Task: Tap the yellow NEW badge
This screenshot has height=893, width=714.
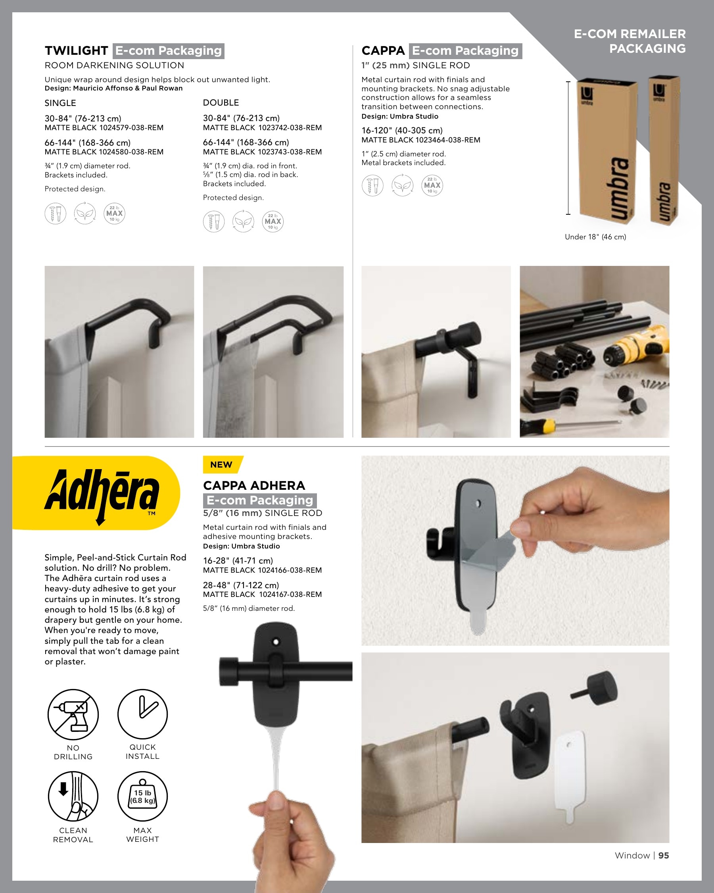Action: pyautogui.click(x=222, y=464)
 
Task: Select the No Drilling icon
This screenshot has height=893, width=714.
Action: pyautogui.click(x=73, y=714)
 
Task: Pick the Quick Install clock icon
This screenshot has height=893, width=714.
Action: pyautogui.click(x=142, y=714)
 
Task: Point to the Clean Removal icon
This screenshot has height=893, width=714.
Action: pyautogui.click(x=73, y=796)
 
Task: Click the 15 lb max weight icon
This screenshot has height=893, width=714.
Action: pyautogui.click(x=142, y=796)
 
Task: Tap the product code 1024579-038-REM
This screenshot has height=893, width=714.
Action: pyautogui.click(x=131, y=127)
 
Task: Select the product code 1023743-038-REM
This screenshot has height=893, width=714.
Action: pyautogui.click(x=290, y=152)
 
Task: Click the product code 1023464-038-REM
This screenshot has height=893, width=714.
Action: pyautogui.click(x=448, y=140)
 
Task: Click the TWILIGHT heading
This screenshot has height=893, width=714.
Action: pyautogui.click(x=76, y=50)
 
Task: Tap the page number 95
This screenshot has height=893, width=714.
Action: pyautogui.click(x=664, y=855)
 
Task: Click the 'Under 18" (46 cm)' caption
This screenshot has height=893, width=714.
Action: pyautogui.click(x=595, y=237)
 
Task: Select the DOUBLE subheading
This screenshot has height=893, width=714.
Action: pyautogui.click(x=221, y=103)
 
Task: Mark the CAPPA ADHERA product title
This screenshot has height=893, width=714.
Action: pyautogui.click(x=254, y=485)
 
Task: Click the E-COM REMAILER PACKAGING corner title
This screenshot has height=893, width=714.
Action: pyautogui.click(x=630, y=41)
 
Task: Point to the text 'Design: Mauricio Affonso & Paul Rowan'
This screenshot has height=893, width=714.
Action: pyautogui.click(x=113, y=88)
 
